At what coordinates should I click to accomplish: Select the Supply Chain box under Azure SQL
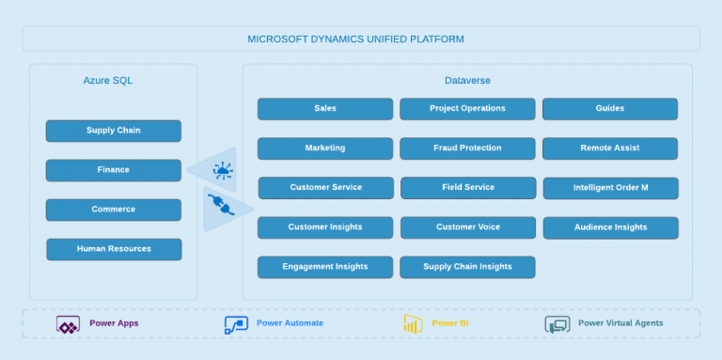coord(113,131)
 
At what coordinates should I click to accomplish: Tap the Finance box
coord(113,170)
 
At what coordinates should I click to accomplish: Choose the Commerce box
coord(113,210)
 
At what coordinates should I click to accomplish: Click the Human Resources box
coord(114,249)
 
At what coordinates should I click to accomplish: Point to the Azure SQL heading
coord(108,81)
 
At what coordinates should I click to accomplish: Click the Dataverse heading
coord(467,81)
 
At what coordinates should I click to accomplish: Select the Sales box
coord(325,108)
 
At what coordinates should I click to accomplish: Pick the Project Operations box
coord(467,108)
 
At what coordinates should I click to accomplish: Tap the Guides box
coord(609,108)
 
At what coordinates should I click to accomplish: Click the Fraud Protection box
coord(467,149)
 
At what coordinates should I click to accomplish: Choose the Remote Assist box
coord(609,149)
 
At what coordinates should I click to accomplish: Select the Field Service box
coord(468,188)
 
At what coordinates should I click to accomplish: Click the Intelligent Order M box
coord(610,188)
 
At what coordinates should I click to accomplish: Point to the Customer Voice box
coord(468,227)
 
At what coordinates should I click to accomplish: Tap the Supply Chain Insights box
coord(467,267)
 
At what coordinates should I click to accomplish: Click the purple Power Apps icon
coord(68,324)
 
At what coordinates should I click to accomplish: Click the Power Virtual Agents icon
coord(557,324)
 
